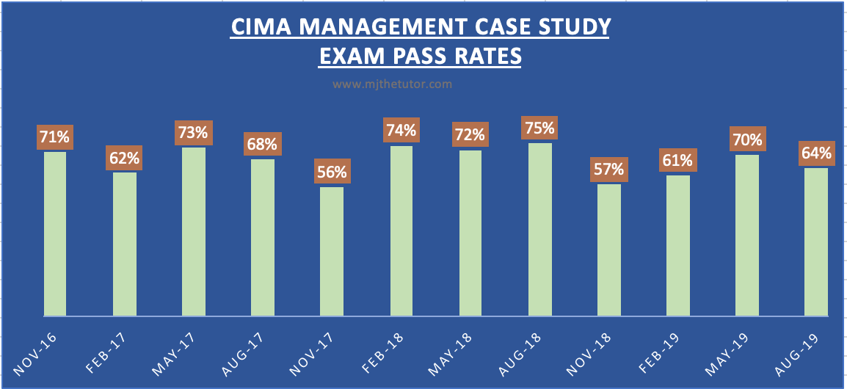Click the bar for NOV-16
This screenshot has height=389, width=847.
[x=55, y=233]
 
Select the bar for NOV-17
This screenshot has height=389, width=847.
[x=332, y=251]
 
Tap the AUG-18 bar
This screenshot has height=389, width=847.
[x=539, y=229]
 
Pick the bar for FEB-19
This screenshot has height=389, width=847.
[x=678, y=245]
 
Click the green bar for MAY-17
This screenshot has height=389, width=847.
[x=194, y=231]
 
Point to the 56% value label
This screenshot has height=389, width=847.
[x=332, y=172]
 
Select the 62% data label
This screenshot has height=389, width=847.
[x=125, y=158]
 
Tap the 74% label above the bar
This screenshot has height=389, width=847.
[x=401, y=131]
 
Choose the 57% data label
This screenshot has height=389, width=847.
[x=608, y=170]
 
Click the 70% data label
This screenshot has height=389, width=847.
[x=747, y=139]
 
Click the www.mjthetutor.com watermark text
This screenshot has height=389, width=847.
[x=392, y=84]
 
